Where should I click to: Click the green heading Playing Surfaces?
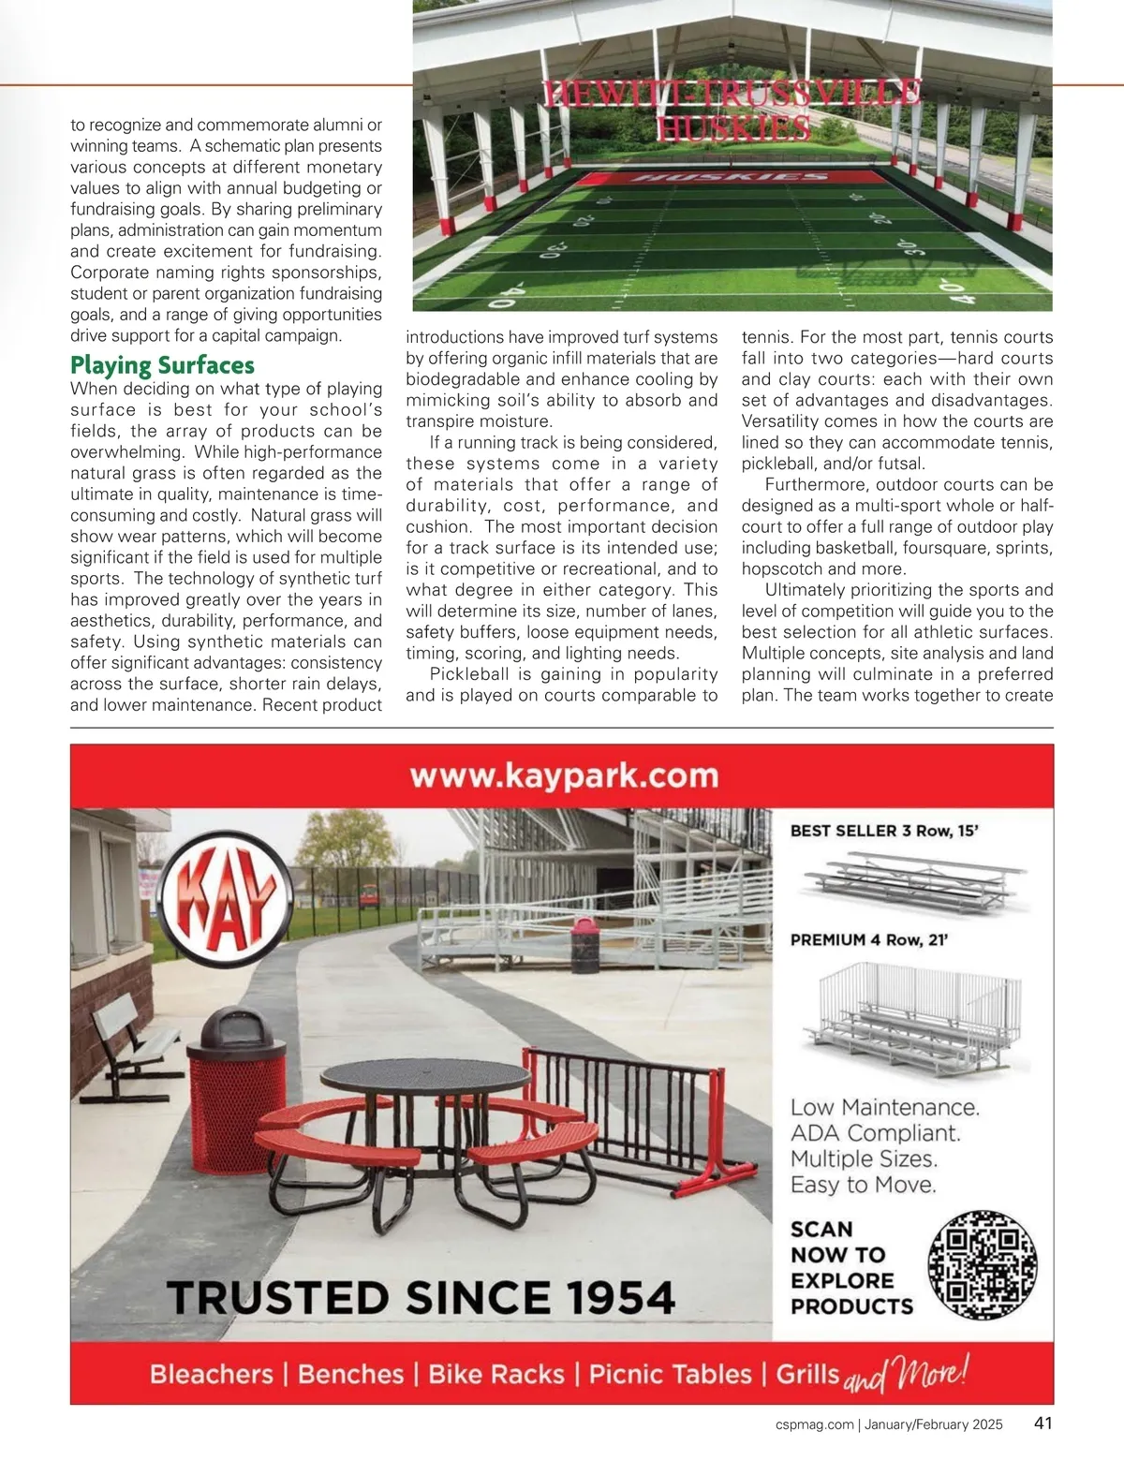pyautogui.click(x=162, y=365)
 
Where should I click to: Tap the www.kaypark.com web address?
pyautogui.click(x=564, y=776)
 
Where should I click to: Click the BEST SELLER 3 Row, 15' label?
pyautogui.click(x=884, y=831)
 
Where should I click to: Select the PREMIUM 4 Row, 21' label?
pyautogui.click(x=869, y=940)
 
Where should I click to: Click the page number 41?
pyautogui.click(x=1043, y=1423)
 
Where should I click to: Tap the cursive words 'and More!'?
pyautogui.click(x=906, y=1375)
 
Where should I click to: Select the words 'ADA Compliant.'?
pyautogui.click(x=876, y=1133)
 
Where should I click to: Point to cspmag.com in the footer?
pyautogui.click(x=815, y=1424)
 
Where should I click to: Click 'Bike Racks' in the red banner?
pyautogui.click(x=496, y=1374)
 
